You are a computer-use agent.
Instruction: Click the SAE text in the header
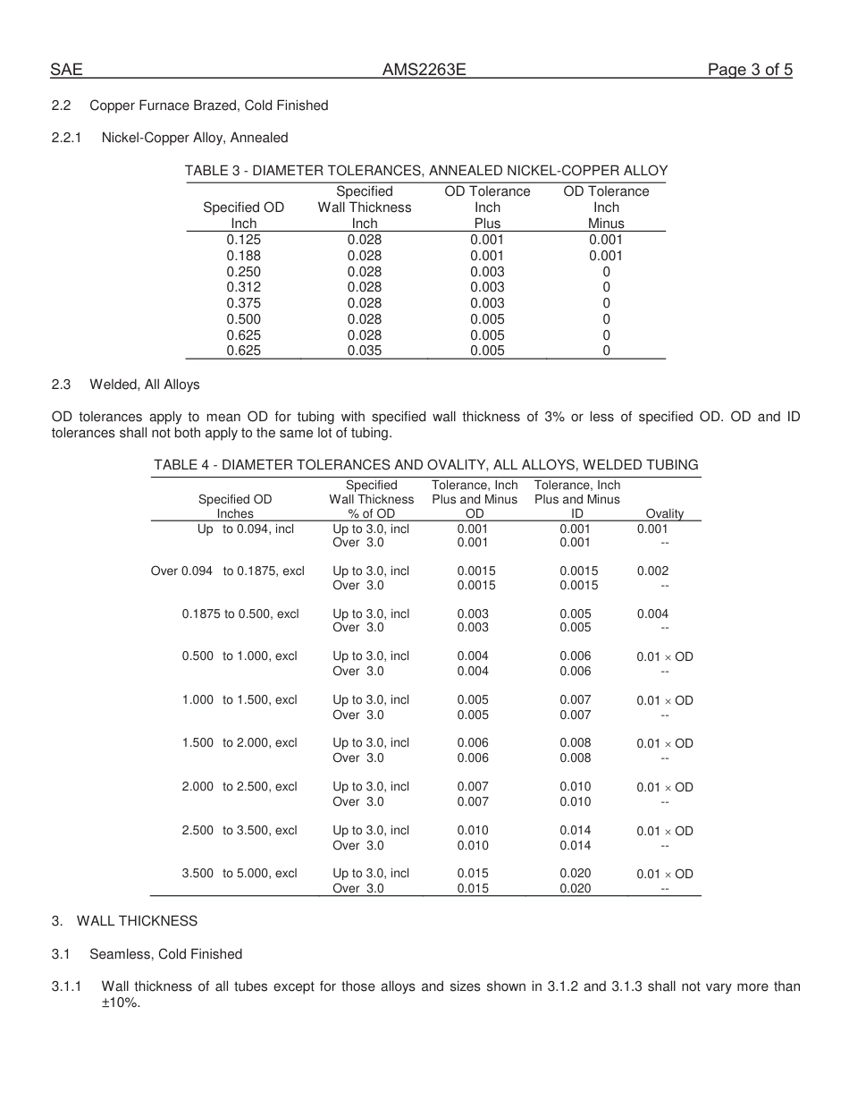(x=67, y=71)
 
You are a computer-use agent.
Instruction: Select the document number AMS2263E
(x=424, y=71)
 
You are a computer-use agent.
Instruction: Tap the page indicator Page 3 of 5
(x=750, y=71)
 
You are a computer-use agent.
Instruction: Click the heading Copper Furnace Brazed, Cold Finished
(x=209, y=106)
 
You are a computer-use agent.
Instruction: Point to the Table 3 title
(x=425, y=171)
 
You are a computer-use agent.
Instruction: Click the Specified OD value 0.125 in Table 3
(x=244, y=240)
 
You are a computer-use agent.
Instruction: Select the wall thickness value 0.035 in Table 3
(x=365, y=351)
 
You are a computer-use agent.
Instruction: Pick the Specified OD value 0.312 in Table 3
(x=244, y=287)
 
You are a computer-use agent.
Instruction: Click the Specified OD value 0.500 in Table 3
(x=244, y=319)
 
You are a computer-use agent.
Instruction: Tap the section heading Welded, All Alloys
(x=145, y=385)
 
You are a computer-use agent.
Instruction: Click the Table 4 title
(x=425, y=465)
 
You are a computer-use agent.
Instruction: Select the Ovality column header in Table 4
(x=664, y=513)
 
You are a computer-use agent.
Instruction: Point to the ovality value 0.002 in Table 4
(x=652, y=571)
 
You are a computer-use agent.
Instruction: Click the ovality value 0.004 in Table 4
(x=652, y=613)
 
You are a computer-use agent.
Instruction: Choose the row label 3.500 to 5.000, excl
(x=240, y=874)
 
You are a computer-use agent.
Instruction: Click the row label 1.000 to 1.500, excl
(x=240, y=700)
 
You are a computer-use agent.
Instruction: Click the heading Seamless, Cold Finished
(x=165, y=954)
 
